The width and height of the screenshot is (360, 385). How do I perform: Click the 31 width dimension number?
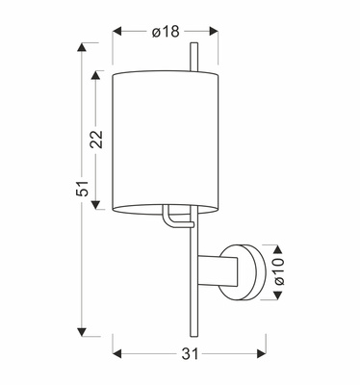point(190,355)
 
